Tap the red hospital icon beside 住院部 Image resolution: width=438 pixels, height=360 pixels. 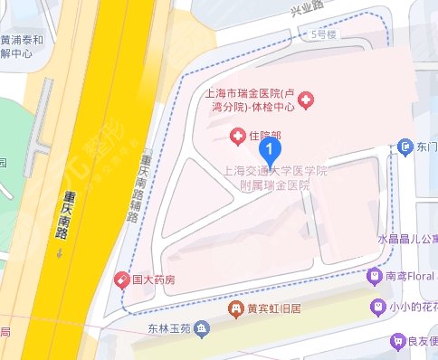[237, 137]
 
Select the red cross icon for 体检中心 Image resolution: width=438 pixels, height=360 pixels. [306, 99]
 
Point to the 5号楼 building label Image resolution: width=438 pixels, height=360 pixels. [322, 34]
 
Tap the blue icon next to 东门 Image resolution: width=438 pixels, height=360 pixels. [406, 147]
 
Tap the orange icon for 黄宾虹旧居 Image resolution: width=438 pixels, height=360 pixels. [236, 308]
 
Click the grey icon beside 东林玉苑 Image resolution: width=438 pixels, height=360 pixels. [206, 327]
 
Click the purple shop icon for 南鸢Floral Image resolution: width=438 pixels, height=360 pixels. [374, 275]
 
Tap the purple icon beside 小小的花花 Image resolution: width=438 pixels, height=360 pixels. [377, 308]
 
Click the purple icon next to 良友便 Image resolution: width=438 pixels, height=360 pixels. [396, 341]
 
